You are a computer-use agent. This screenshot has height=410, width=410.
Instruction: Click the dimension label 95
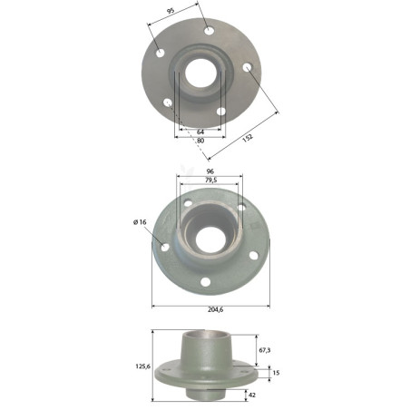(171, 11)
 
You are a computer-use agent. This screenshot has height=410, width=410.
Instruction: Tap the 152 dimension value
(248, 138)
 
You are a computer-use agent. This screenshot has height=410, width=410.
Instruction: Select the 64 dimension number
(200, 132)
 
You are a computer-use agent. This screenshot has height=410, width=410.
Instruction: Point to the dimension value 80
(200, 141)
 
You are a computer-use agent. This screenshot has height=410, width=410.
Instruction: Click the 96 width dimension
(210, 171)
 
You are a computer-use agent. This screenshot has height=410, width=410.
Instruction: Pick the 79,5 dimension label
(211, 181)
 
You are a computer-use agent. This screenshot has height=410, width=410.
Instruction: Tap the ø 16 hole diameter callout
(140, 222)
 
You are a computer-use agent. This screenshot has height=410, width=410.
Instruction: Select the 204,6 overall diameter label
(216, 309)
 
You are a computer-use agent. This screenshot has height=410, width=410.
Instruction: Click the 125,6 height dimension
(142, 366)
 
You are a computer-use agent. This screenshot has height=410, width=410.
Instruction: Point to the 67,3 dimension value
(265, 350)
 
